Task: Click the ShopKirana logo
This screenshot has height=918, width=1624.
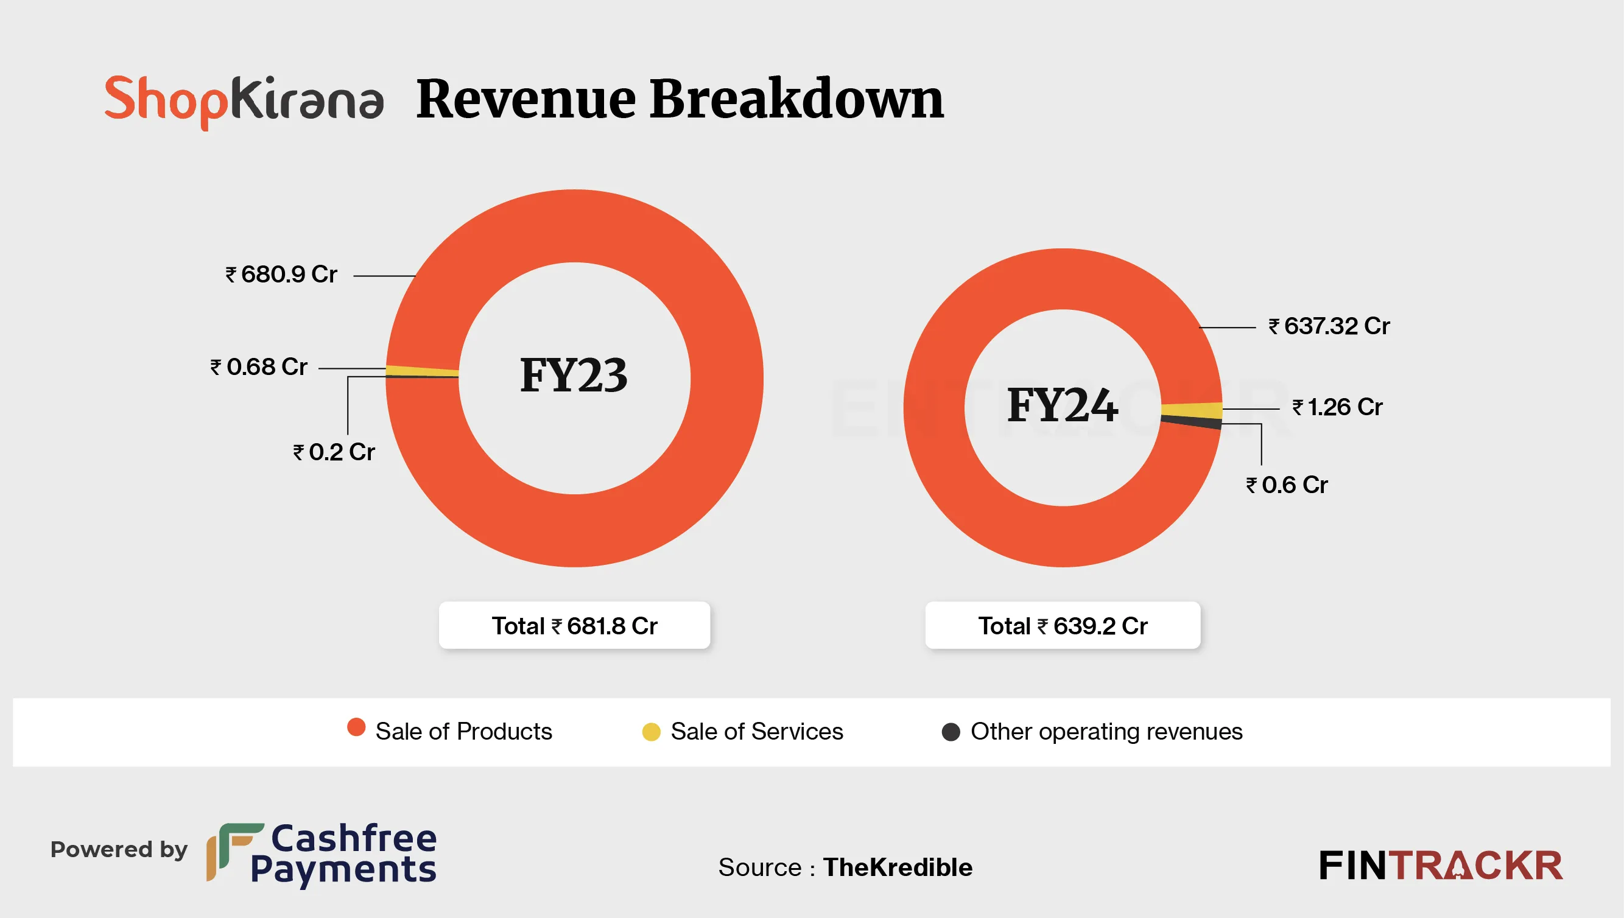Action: [x=244, y=101]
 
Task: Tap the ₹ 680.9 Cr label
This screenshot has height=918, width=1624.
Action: [x=281, y=275]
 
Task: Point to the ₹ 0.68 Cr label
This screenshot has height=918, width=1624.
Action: [x=259, y=367]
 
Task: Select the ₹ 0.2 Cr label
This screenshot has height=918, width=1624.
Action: [x=334, y=452]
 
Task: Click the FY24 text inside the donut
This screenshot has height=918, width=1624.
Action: [x=1063, y=405]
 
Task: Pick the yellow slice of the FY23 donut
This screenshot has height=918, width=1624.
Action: [x=421, y=371]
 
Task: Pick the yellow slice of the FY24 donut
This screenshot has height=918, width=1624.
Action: [x=1192, y=410]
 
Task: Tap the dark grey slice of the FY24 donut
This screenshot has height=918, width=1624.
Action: [x=1192, y=422]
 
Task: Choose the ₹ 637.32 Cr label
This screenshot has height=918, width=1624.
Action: [x=1329, y=326]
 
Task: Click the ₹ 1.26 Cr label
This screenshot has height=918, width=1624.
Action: [x=1337, y=407]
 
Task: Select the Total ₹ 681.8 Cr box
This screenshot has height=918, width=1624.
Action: [x=574, y=625]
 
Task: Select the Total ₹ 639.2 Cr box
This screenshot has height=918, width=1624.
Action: [x=1062, y=625]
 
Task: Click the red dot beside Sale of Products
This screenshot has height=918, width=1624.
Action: [x=356, y=727]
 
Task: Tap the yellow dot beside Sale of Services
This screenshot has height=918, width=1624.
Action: [x=651, y=732]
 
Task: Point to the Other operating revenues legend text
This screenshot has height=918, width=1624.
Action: [x=1106, y=731]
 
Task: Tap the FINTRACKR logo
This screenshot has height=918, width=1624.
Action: [x=1441, y=865]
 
